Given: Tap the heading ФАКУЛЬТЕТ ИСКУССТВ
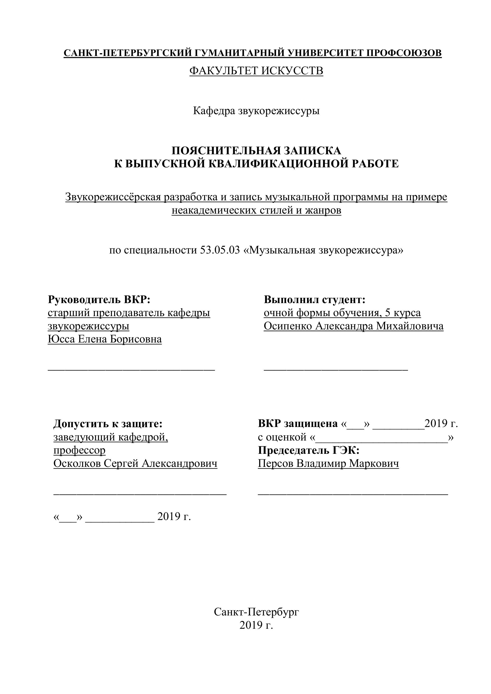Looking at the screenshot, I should click(256, 71).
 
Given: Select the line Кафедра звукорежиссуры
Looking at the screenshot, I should click(256, 111).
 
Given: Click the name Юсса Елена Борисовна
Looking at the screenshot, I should click(105, 339).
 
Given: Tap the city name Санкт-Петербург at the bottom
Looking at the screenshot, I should click(256, 612).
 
